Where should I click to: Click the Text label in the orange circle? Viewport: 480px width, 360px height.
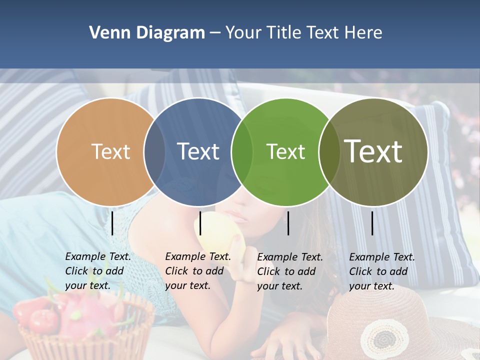tap(110, 151)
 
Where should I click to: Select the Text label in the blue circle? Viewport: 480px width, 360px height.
tap(198, 151)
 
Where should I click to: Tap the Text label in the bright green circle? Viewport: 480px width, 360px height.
tap(285, 151)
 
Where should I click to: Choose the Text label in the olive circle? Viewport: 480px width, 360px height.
tap(373, 151)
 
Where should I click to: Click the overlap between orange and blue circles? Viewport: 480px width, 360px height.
tap(154, 151)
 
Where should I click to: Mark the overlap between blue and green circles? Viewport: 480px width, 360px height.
tap(242, 151)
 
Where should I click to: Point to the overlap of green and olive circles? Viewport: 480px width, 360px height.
tap(329, 151)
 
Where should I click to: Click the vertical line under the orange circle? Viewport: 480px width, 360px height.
tap(112, 223)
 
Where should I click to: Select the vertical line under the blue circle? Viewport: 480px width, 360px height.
tap(200, 223)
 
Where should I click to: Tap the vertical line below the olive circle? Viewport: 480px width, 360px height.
tap(372, 223)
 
